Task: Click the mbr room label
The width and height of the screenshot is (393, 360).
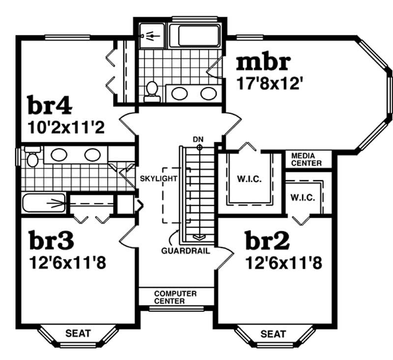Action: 264,64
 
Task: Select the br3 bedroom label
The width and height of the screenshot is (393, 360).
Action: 52,241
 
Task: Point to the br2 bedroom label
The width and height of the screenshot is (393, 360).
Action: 267,241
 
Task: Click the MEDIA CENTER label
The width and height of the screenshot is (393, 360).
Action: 306,159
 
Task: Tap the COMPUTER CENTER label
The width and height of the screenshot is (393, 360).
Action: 175,297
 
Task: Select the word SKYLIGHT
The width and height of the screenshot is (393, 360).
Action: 158,178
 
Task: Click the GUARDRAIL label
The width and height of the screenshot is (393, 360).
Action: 186,251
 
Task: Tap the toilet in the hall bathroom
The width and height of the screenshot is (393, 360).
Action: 32,157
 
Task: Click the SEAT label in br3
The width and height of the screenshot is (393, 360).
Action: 79,333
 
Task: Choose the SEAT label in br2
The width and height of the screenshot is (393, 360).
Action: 273,334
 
